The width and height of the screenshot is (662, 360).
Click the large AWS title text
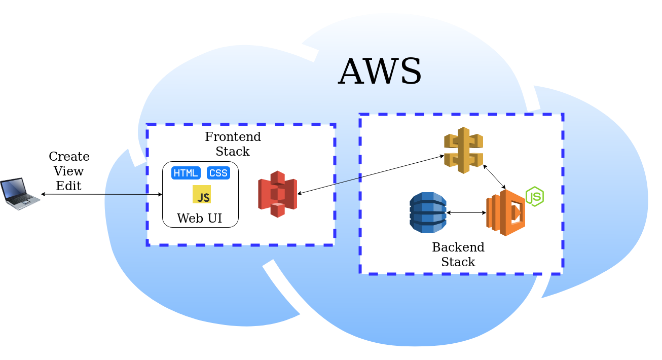380,72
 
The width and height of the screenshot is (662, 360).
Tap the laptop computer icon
19,193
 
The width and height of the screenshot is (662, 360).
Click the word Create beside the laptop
69,157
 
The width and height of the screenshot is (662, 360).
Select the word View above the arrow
68,171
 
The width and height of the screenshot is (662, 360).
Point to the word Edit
68,186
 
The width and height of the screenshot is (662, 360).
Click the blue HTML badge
186,173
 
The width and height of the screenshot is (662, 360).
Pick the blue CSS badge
218,173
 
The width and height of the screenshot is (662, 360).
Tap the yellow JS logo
202,195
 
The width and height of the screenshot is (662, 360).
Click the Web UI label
199,219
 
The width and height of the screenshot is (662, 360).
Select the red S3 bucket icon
277,194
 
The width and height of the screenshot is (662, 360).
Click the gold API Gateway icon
463,150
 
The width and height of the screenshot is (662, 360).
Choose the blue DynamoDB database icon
428,212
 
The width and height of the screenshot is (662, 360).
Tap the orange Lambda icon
505,212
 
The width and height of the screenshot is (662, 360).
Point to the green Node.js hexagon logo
535,196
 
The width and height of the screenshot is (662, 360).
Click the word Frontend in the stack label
233,137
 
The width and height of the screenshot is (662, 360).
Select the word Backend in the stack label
458,247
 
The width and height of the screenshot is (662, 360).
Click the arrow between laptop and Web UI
101,194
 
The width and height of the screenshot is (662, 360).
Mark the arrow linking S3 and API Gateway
371,175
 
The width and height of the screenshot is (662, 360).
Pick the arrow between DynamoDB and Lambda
466,213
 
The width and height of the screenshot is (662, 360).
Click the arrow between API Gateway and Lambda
494,177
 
